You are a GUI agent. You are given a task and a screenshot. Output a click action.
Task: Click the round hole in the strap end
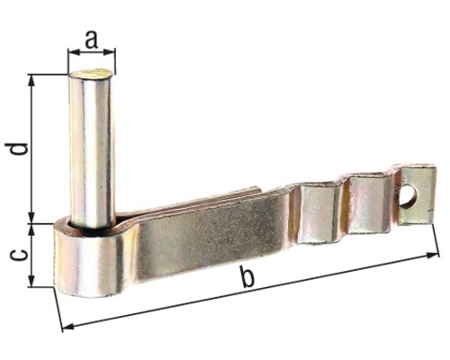tap(409, 196)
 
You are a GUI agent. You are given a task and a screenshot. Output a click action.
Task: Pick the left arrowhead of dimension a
tap(73, 51)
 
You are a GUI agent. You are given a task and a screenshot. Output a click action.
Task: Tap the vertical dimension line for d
tap(33, 148)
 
